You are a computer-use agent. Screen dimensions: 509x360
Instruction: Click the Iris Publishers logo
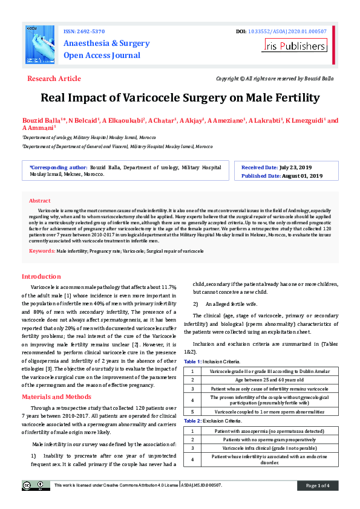tap(304, 45)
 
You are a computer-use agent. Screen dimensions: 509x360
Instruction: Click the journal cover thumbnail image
tap(41, 46)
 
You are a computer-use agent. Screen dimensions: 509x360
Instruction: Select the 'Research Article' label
tap(54, 79)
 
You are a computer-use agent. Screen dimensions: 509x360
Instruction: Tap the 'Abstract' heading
tap(40, 200)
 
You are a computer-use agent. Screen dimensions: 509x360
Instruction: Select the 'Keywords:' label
tap(42, 250)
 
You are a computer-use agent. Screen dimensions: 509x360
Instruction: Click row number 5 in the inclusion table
tap(192, 412)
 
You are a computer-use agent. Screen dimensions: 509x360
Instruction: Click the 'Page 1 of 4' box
tap(317, 485)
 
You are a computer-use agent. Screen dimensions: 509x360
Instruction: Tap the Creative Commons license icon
tap(37, 485)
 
